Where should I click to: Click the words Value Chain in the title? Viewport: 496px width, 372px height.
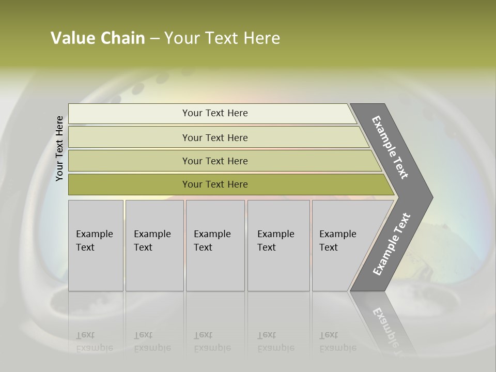point(98,38)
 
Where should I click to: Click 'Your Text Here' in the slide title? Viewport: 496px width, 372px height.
point(222,38)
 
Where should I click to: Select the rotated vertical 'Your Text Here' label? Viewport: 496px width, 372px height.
point(59,148)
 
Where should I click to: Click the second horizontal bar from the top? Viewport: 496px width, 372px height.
point(215,137)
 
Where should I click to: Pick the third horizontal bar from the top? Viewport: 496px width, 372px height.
point(215,161)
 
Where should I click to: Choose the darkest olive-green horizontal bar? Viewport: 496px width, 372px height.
point(215,184)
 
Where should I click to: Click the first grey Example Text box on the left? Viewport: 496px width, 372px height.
point(96,245)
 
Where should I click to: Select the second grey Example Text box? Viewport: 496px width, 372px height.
point(154,245)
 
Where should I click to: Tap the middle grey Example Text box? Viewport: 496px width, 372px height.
point(215,245)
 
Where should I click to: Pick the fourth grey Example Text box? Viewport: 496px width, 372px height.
point(278,245)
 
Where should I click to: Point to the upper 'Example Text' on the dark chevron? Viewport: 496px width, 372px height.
point(390,147)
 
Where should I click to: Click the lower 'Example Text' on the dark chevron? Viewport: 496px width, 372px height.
point(392,244)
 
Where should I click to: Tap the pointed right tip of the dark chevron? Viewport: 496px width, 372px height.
point(430,197)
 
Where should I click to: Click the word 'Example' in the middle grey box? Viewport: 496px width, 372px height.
point(212,234)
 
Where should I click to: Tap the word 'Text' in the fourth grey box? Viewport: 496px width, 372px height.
point(267,247)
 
